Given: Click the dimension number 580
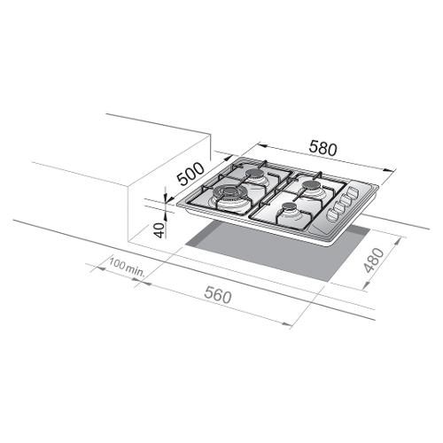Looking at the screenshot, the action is (x=323, y=148).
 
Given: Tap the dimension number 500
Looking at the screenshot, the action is (x=190, y=175).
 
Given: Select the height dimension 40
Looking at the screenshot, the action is (x=159, y=230).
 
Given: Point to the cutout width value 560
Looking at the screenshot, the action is (x=217, y=296).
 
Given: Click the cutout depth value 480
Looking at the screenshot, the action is (x=374, y=260).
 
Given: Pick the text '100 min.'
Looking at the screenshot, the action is (x=128, y=267).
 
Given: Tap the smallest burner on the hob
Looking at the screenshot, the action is (x=289, y=207).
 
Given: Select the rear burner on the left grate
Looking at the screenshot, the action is (x=254, y=175).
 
